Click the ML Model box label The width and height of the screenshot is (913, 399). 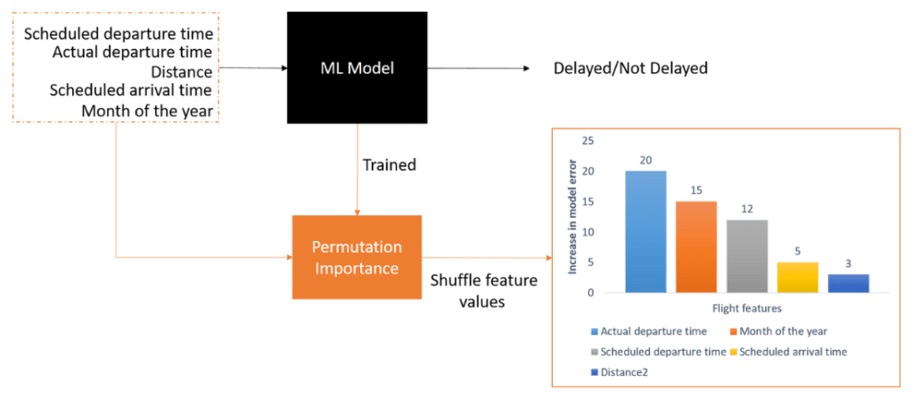357,68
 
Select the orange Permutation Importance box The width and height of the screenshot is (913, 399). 357,257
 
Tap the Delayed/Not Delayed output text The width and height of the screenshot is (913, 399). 631,69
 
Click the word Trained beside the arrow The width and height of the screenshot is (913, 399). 389,165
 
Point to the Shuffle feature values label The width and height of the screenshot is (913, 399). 483,291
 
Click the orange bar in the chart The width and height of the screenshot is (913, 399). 696,245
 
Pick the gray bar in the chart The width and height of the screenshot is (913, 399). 746,255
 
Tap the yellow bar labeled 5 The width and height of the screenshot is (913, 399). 797,276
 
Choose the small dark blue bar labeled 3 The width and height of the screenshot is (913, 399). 847,282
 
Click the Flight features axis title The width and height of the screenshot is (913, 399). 746,309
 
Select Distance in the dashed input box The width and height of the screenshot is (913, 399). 182,72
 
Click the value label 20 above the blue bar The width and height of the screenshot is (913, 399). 646,160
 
